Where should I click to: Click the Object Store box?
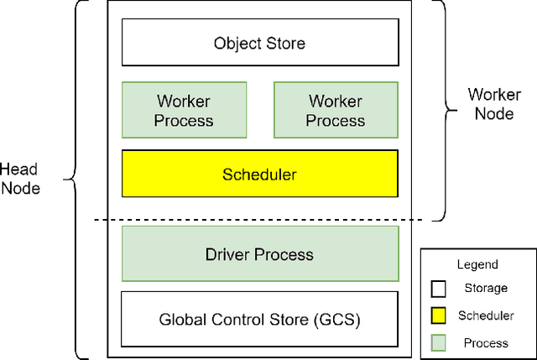pyautogui.click(x=259, y=42)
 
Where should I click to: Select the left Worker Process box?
pyautogui.click(x=184, y=110)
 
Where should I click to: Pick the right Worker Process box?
pyautogui.click(x=335, y=110)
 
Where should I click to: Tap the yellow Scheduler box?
pyautogui.click(x=259, y=175)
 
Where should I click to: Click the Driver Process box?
pyautogui.click(x=259, y=253)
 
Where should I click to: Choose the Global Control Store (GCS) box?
pyautogui.click(x=259, y=320)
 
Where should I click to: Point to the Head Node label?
pyautogui.click(x=20, y=179)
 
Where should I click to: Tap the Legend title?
pyautogui.click(x=477, y=264)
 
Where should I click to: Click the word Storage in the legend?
pyautogui.click(x=485, y=288)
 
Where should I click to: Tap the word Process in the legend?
pyautogui.click(x=485, y=342)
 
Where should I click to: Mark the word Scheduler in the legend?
pyautogui.click(x=485, y=316)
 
